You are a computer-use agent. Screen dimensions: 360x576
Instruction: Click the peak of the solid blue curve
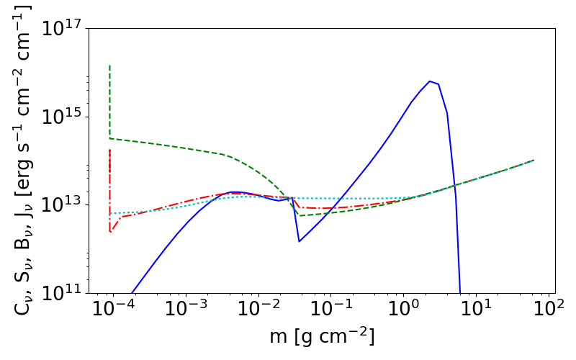pos(430,81)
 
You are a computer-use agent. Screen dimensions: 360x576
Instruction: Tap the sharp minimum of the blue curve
pos(299,241)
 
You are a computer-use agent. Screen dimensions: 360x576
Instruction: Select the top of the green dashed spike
pos(109,66)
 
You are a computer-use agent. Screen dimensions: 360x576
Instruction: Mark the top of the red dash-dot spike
pos(109,150)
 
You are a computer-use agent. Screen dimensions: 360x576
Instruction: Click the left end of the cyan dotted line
pos(109,213)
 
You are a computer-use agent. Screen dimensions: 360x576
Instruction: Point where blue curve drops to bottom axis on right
pos(460,292)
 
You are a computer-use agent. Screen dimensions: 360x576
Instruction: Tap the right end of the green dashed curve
pos(534,160)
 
